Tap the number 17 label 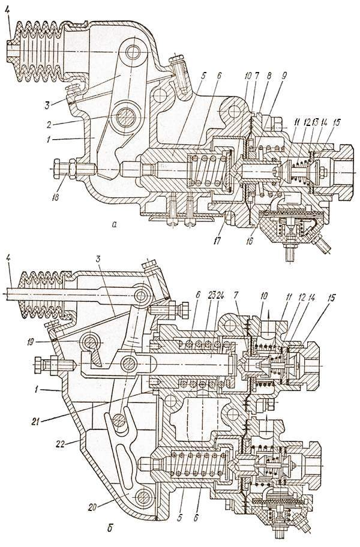tap(218, 241)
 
